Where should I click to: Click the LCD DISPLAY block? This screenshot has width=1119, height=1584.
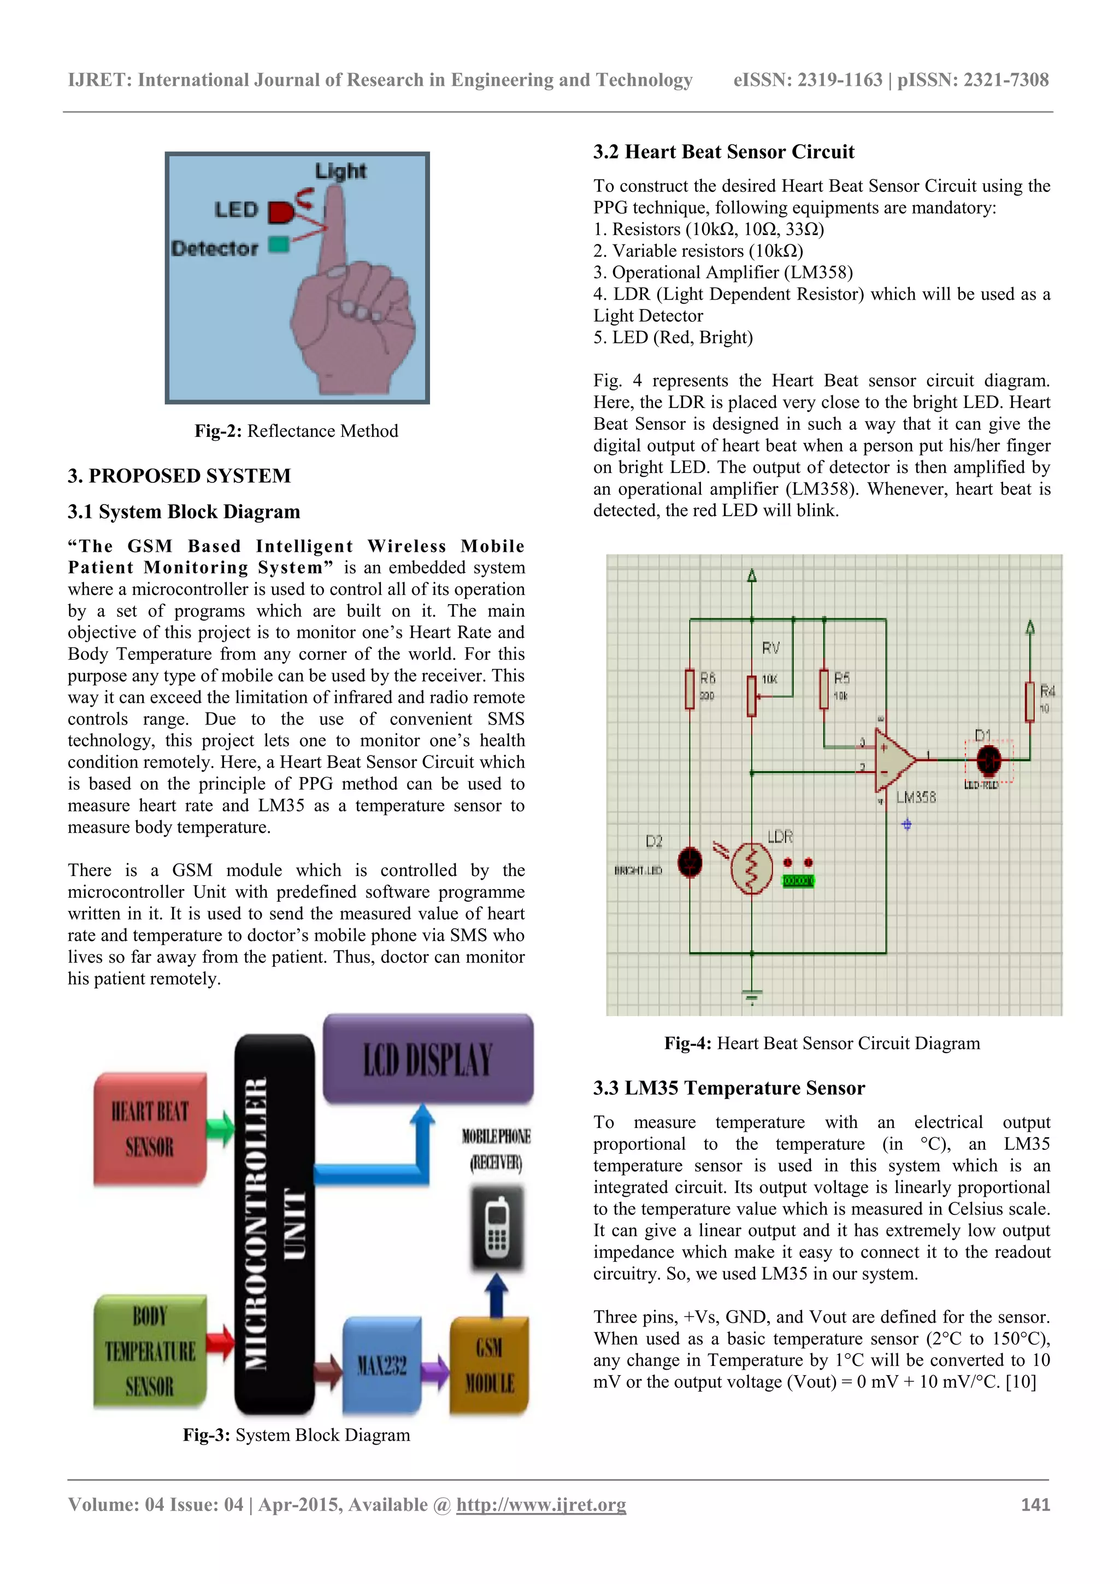coord(427,1059)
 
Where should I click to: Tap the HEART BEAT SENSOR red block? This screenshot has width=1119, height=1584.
coord(150,1130)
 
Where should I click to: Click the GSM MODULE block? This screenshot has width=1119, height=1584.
coord(489,1365)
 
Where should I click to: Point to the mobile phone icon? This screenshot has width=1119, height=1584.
coord(497,1229)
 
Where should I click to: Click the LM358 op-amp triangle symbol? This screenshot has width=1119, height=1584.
coord(893,760)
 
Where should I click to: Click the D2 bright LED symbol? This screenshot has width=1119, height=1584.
coord(690,862)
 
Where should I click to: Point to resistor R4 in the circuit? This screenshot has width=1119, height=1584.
coord(1029,701)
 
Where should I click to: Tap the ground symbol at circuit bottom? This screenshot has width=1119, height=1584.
coord(751,996)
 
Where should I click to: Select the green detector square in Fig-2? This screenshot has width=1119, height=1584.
coord(279,244)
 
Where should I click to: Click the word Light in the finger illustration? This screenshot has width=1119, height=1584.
coord(340,171)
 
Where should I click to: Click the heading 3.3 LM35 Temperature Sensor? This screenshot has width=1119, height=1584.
coord(729,1088)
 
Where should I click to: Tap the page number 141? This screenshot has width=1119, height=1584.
coord(1035,1505)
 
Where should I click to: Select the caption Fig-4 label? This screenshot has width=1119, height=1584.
coord(687,1043)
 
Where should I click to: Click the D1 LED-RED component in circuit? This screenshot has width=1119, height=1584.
coord(990,760)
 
